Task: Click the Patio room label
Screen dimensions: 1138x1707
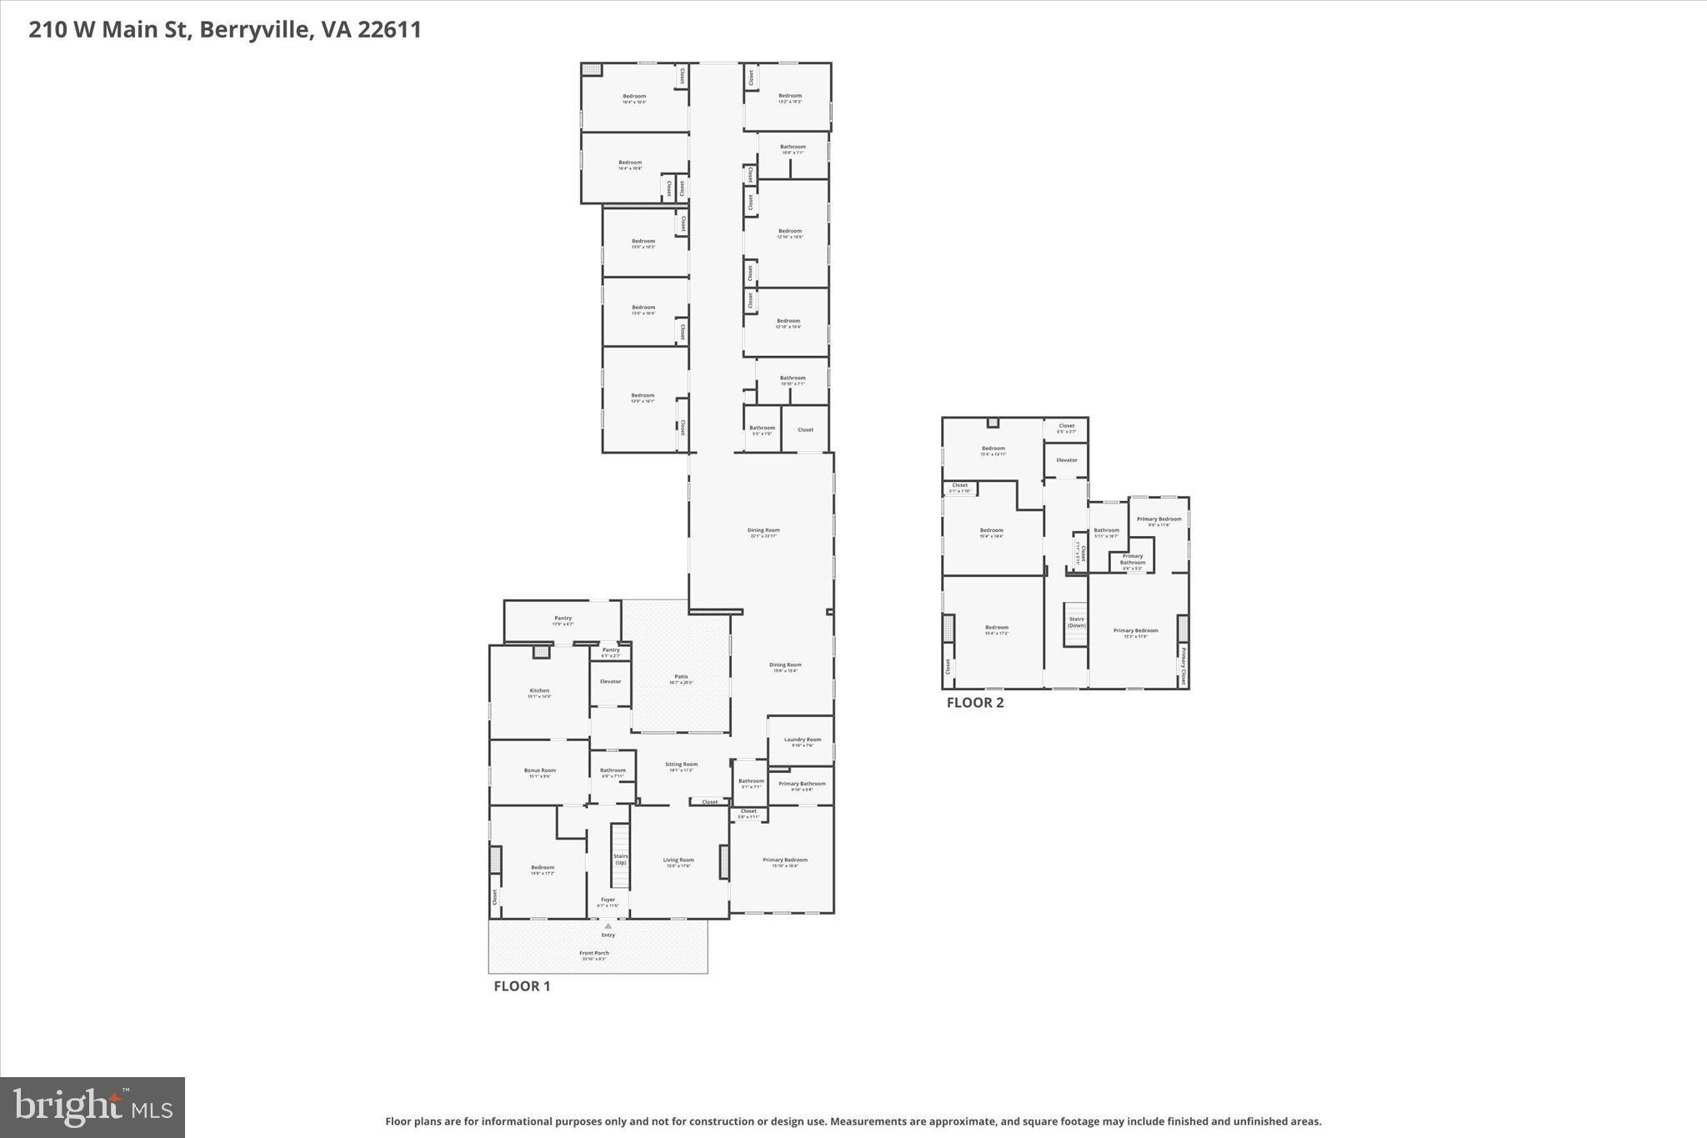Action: coord(681,677)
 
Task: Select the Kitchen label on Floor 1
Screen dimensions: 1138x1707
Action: coord(539,690)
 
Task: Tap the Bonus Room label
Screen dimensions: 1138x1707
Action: coord(539,770)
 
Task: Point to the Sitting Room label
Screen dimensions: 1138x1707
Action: coord(681,765)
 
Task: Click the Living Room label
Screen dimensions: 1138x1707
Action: coord(678,860)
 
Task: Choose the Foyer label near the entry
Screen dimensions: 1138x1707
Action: coord(608,900)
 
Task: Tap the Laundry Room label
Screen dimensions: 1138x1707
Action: coord(802,739)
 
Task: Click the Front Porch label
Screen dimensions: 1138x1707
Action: coord(594,953)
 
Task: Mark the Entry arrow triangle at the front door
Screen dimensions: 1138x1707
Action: coord(608,925)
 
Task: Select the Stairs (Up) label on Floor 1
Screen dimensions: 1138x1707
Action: coord(620,859)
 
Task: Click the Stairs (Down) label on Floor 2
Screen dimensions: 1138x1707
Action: coord(1076,622)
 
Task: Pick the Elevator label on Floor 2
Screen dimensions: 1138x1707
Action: coord(1066,460)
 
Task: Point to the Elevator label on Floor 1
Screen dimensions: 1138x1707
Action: coord(610,681)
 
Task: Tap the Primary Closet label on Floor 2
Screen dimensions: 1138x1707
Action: coord(1183,665)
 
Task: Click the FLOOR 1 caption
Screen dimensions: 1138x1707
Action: coord(522,986)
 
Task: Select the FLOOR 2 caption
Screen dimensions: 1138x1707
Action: coord(974,703)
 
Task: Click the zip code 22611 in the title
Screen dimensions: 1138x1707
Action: coord(389,30)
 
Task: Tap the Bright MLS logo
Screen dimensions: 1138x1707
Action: coord(93,1106)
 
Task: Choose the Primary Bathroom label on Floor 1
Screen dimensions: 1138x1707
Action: coord(802,784)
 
